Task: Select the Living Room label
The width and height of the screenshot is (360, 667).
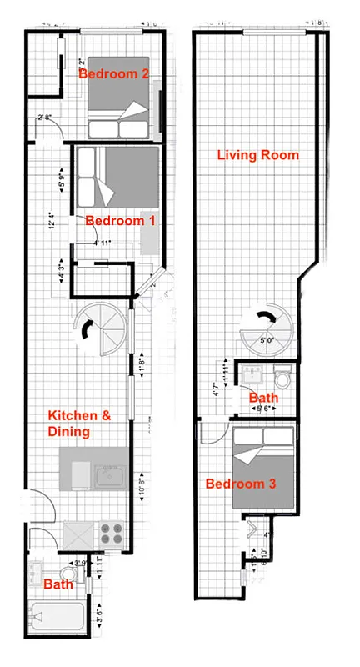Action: pyautogui.click(x=257, y=155)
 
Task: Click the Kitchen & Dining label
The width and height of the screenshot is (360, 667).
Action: pyautogui.click(x=80, y=424)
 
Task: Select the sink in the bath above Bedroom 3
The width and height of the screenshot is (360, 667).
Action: pyautogui.click(x=252, y=372)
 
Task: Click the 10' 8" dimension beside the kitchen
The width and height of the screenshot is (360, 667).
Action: pyautogui.click(x=143, y=486)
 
